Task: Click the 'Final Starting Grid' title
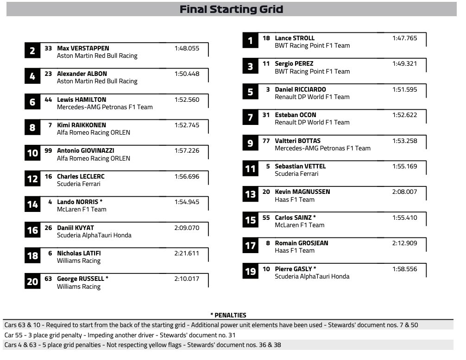tap(231, 9)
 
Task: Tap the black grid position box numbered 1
tap(250, 41)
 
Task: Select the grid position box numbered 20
tap(32, 281)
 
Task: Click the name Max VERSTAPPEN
tap(83, 48)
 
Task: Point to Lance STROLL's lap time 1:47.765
tap(404, 38)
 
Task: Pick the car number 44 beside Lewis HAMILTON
tap(48, 99)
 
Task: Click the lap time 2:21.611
tap(187, 253)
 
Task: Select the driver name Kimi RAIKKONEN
tap(82, 125)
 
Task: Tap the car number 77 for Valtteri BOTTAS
tap(266, 141)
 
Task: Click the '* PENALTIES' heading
tap(228, 315)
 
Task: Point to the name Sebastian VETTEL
tap(300, 166)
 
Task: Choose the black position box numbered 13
tap(250, 194)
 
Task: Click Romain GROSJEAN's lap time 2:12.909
tap(404, 243)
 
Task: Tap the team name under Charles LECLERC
tap(78, 184)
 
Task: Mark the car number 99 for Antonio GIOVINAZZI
tap(48, 150)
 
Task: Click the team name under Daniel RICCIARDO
tap(312, 97)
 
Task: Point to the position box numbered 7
tap(250, 118)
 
